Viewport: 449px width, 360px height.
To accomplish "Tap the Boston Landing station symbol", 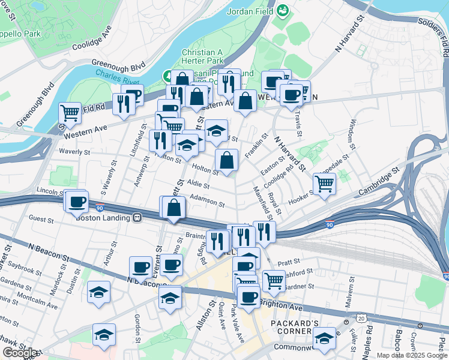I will click(x=137, y=218).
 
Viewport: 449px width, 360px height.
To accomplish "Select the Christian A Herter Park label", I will click(x=203, y=56).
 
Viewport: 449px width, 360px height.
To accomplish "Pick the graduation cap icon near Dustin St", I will click(x=98, y=292).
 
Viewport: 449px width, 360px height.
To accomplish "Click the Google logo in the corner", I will click(x=20, y=353).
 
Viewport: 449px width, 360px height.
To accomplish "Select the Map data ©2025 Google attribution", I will click(x=412, y=355).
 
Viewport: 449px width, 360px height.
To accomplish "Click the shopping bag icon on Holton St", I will click(x=226, y=160).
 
